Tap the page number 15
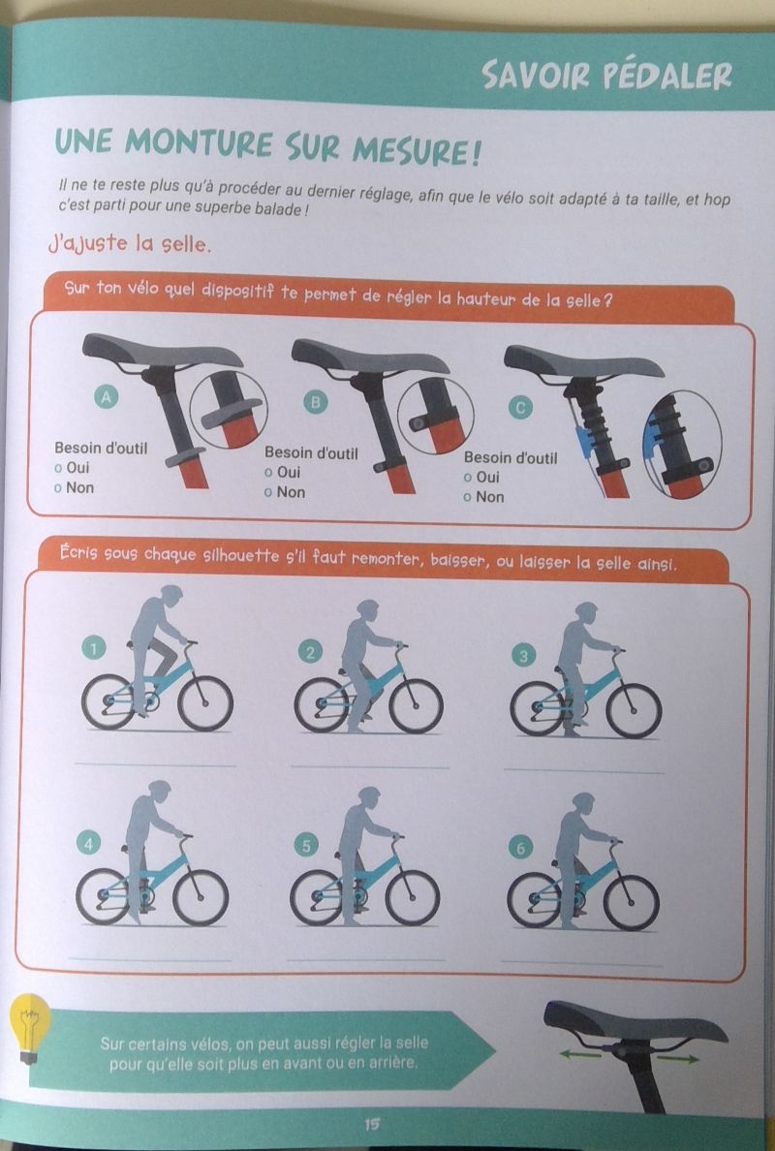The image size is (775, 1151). [372, 1124]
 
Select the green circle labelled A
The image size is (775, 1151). [107, 397]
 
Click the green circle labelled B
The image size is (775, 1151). [317, 402]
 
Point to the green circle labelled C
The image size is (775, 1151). [520, 408]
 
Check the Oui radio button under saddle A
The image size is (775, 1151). [58, 468]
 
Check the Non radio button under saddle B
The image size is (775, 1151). [268, 493]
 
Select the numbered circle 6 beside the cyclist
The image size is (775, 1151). [519, 849]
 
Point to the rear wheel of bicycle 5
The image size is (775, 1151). [317, 898]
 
